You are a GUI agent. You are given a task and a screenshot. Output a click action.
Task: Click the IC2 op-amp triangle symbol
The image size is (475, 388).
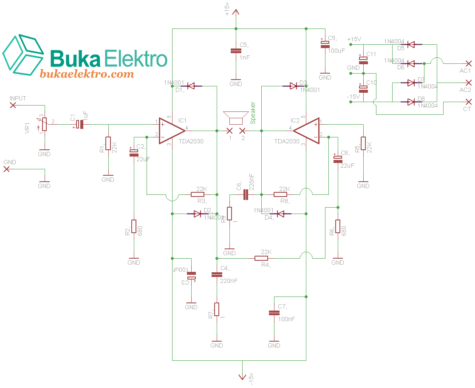pyautogui.click(x=307, y=130)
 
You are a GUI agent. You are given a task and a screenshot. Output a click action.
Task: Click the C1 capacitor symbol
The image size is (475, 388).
pyautogui.click(x=79, y=125)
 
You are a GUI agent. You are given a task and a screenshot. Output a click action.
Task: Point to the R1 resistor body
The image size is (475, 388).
pyautogui.click(x=108, y=144)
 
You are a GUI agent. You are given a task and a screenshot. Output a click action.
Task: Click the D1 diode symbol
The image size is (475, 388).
pyautogui.click(x=191, y=86)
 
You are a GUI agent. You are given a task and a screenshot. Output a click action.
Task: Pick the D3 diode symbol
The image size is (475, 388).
pyautogui.click(x=293, y=86)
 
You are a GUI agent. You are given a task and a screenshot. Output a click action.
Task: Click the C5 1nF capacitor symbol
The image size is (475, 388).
pyautogui.click(x=236, y=51)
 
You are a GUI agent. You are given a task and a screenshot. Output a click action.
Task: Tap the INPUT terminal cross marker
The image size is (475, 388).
pyautogui.click(x=13, y=105)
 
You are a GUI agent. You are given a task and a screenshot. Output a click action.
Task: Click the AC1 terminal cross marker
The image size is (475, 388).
pyautogui.click(x=469, y=63)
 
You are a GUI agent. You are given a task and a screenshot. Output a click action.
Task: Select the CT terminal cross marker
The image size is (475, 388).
pyautogui.click(x=469, y=102)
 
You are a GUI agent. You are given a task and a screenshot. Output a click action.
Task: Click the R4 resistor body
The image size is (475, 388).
pyautogui.click(x=261, y=258)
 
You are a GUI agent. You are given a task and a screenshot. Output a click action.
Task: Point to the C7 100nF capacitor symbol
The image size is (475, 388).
pyautogui.click(x=274, y=313)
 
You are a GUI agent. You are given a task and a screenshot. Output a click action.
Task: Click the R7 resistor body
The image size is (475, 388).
pyautogui.click(x=217, y=309)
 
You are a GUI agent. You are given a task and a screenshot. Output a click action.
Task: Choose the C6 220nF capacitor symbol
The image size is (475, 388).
pyautogui.click(x=246, y=195)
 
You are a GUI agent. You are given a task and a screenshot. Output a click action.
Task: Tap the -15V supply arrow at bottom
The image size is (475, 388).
pyautogui.click(x=242, y=376)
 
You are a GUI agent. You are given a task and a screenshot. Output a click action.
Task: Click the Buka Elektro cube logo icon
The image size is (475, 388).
pyautogui.click(x=23, y=54)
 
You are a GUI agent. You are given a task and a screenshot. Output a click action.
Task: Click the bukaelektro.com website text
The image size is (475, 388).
pyautogui.click(x=87, y=74)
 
